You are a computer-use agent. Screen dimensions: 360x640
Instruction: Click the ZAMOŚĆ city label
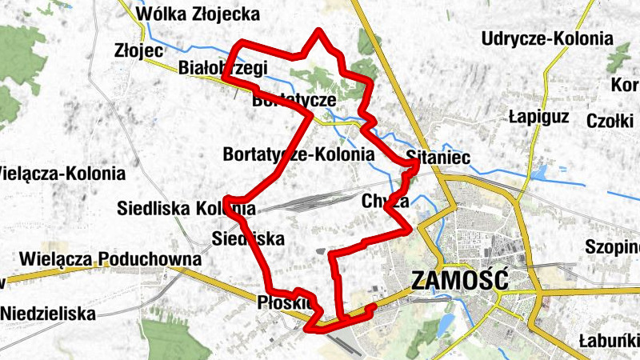[x=459, y=280]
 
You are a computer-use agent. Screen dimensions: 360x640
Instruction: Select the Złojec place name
[x=139, y=50]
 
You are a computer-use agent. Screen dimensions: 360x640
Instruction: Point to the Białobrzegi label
[x=223, y=68]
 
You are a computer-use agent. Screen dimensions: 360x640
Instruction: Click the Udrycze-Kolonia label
[x=548, y=38]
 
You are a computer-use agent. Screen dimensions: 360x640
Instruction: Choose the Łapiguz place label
[x=538, y=117]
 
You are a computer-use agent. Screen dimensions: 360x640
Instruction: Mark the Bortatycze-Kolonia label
[x=299, y=153]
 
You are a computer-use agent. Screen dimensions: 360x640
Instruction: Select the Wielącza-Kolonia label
[x=62, y=173]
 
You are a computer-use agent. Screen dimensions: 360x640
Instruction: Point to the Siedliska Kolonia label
[x=186, y=209]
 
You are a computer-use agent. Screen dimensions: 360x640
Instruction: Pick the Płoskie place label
[x=285, y=302]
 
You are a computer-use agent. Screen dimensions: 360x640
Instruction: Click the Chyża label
[x=385, y=200]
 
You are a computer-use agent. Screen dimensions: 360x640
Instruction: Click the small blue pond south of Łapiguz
[x=539, y=171]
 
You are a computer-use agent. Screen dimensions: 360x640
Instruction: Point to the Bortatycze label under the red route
[x=293, y=101]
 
